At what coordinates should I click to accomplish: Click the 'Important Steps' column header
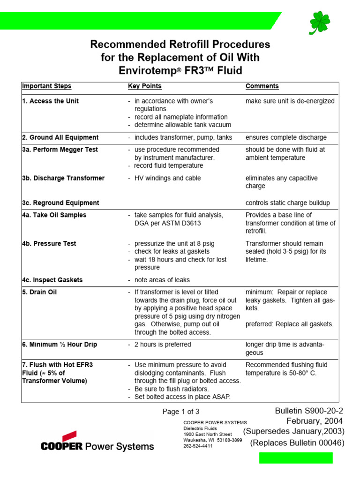46,86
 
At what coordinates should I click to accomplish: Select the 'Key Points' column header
144,86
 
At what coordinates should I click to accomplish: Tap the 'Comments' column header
262,86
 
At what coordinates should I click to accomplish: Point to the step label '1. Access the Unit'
50,101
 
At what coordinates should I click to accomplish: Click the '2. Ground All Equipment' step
60,138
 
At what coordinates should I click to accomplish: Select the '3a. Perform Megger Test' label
60,150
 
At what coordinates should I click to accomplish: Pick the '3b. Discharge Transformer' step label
63,178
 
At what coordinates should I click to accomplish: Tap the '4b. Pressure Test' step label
49,244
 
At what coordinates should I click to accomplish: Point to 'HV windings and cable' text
167,178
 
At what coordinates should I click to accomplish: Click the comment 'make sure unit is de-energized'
290,101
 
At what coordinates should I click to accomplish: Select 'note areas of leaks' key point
162,280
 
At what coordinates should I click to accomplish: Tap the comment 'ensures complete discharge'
286,138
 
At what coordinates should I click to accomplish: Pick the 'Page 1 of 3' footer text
180,412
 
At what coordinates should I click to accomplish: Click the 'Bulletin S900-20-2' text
309,411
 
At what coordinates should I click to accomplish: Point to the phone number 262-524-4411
198,446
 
